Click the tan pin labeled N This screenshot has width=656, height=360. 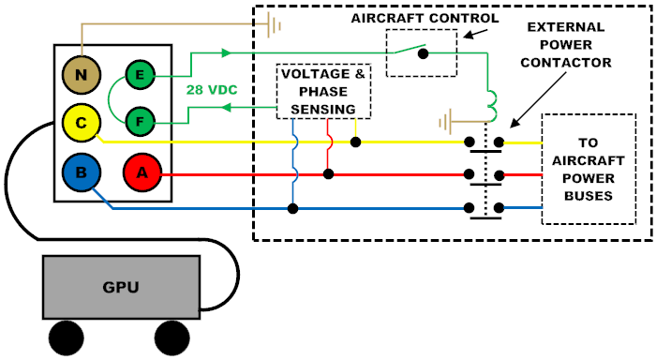pos(82,73)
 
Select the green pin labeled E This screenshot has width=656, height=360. pos(141,73)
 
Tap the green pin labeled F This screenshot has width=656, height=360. pos(141,120)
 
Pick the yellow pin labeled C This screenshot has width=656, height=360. pos(82,120)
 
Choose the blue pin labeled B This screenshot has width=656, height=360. pos(82,172)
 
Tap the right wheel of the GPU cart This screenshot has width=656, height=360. pos(173,337)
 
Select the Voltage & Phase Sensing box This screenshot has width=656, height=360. pos(320,92)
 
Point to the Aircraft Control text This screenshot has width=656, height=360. pos(425,18)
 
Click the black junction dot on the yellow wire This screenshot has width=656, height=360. pos(356,142)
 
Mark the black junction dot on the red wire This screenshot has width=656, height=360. pos(328,173)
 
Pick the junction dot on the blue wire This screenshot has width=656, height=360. pos(293,208)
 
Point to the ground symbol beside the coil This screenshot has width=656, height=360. pos(448,120)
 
